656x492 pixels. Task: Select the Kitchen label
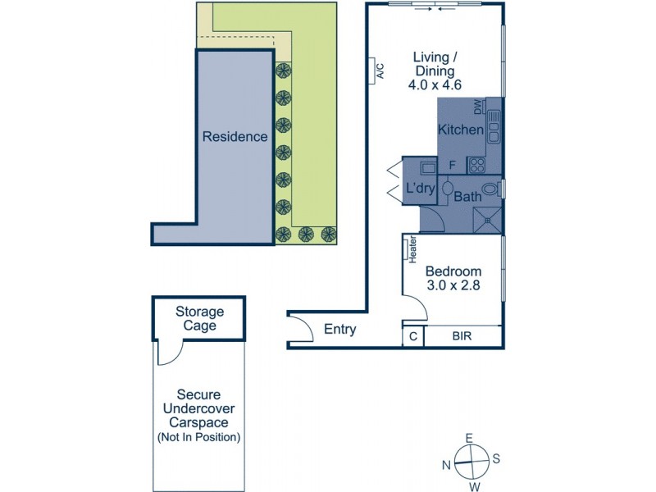pyautogui.click(x=460, y=130)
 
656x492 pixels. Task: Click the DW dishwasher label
pyautogui.click(x=478, y=107)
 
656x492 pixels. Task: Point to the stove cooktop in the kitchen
pyautogui.click(x=477, y=165)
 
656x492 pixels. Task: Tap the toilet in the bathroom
pyautogui.click(x=490, y=189)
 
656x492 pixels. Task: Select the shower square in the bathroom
pyautogui.click(x=489, y=219)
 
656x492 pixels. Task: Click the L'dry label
pyautogui.click(x=421, y=189)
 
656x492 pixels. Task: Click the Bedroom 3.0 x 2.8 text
pyautogui.click(x=453, y=279)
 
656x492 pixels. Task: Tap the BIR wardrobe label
pyautogui.click(x=460, y=335)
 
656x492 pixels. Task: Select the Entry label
pyautogui.click(x=340, y=330)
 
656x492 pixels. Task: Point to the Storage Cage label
pyautogui.click(x=199, y=318)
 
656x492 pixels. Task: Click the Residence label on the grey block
pyautogui.click(x=235, y=137)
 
